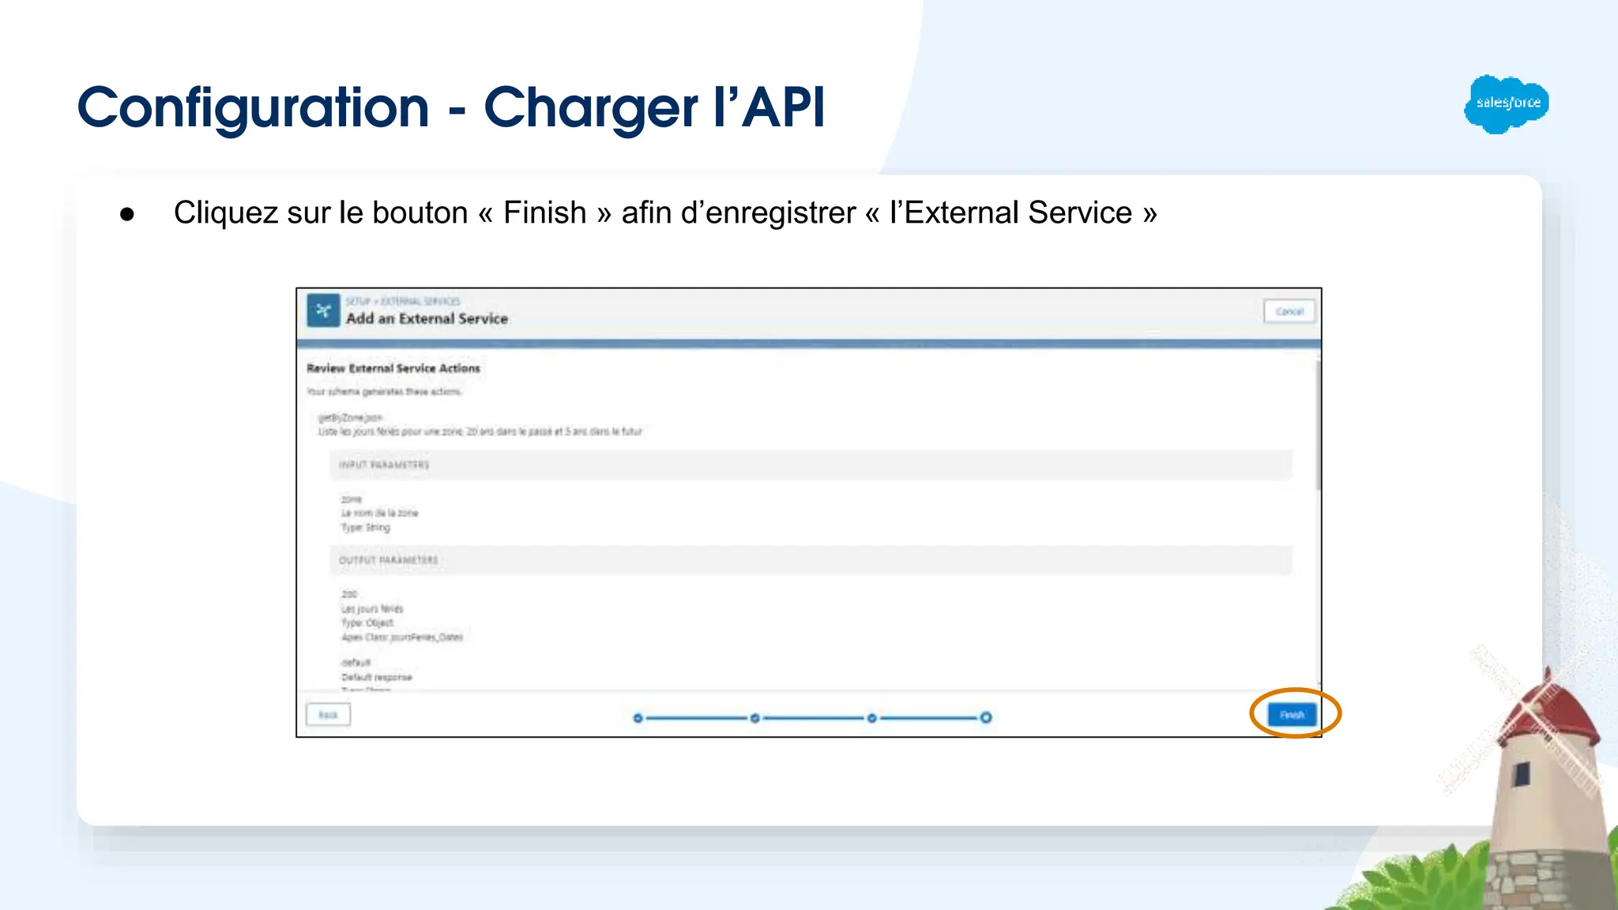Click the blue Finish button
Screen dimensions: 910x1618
tap(1292, 715)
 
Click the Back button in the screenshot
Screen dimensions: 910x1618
tap(328, 715)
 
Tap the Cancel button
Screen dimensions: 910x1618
tap(1289, 311)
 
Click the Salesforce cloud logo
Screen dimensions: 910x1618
tap(1507, 103)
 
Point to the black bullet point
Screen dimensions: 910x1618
tap(127, 214)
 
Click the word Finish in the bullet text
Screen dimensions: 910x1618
tap(544, 213)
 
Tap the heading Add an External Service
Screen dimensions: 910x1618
tap(427, 318)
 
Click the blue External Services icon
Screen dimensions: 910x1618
tap(323, 310)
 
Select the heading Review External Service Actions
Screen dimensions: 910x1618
tap(393, 368)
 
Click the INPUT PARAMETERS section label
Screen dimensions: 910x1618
tap(384, 464)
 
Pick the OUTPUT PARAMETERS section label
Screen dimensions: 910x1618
tap(388, 560)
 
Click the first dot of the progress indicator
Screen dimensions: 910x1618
tap(638, 718)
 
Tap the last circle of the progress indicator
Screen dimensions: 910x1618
tap(986, 717)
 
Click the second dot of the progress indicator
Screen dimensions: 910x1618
tap(754, 718)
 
